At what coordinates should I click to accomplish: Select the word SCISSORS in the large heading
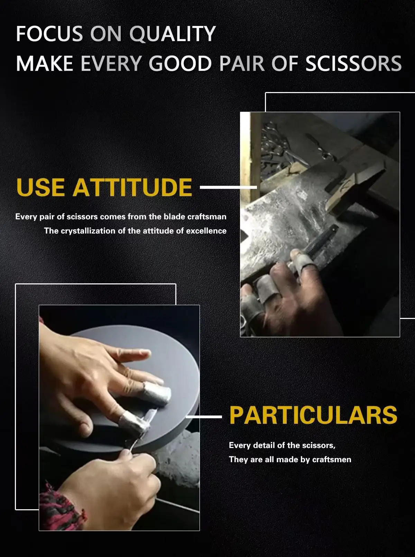click(353, 64)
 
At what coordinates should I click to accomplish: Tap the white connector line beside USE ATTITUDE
click(228, 187)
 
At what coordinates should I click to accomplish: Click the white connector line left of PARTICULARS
click(204, 417)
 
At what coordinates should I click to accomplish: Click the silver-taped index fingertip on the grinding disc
click(157, 393)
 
